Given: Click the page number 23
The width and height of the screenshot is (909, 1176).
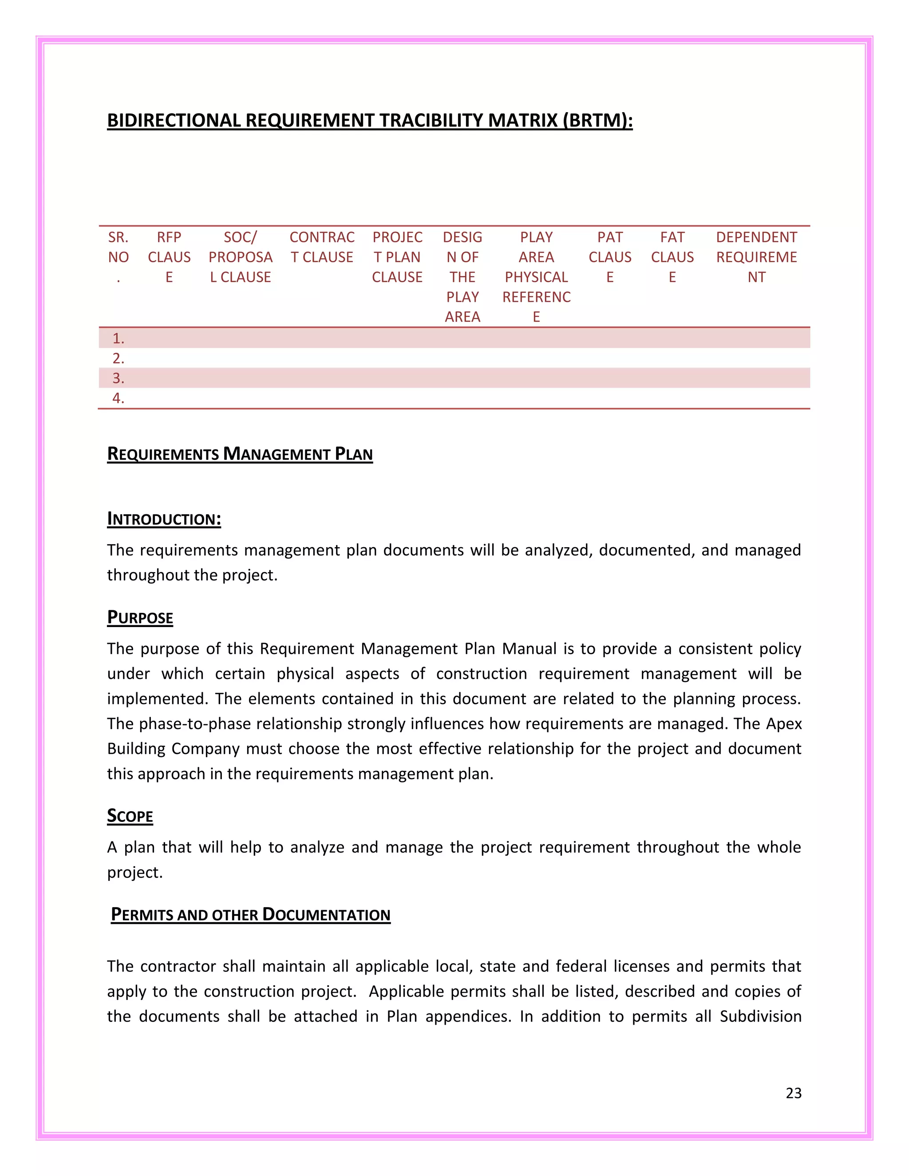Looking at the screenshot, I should [793, 1093].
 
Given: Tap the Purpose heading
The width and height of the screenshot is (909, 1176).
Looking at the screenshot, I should [140, 617].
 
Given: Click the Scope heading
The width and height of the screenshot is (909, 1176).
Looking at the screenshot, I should [130, 816].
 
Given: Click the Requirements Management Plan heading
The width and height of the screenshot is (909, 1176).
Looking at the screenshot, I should [240, 454].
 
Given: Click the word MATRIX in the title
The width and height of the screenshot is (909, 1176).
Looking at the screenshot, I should [522, 120].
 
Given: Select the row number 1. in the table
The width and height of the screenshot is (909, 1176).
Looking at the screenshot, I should [119, 338].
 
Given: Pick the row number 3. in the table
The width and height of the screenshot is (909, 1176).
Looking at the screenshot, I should [119, 378].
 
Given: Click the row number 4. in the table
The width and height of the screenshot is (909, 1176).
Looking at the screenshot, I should [119, 398].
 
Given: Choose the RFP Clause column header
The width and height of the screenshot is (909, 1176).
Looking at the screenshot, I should [169, 257].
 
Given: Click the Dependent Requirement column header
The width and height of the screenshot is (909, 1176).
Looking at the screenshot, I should [756, 257].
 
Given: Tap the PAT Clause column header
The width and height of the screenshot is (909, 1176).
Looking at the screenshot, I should [609, 257].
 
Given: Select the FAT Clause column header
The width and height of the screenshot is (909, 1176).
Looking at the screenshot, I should [672, 257].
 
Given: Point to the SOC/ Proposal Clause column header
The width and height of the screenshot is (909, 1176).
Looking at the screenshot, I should [240, 257].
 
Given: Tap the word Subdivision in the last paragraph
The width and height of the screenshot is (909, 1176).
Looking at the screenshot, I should [760, 1016].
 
